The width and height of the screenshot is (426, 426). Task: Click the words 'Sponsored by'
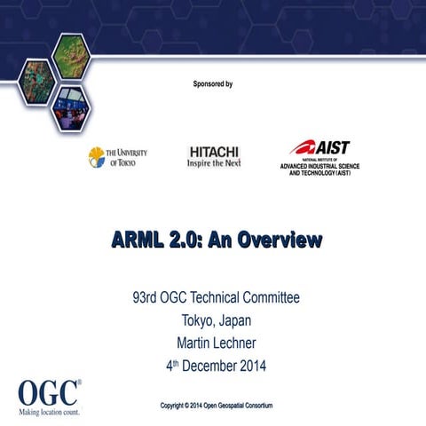click(212, 84)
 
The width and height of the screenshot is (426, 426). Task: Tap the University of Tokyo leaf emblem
click(96, 157)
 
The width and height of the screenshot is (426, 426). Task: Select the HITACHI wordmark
click(214, 152)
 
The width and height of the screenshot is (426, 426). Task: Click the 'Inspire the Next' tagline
click(214, 164)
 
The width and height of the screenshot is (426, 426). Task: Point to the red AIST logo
click(320, 147)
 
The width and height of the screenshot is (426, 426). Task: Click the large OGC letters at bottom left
click(49, 391)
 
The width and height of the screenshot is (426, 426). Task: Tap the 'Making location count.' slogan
click(51, 412)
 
